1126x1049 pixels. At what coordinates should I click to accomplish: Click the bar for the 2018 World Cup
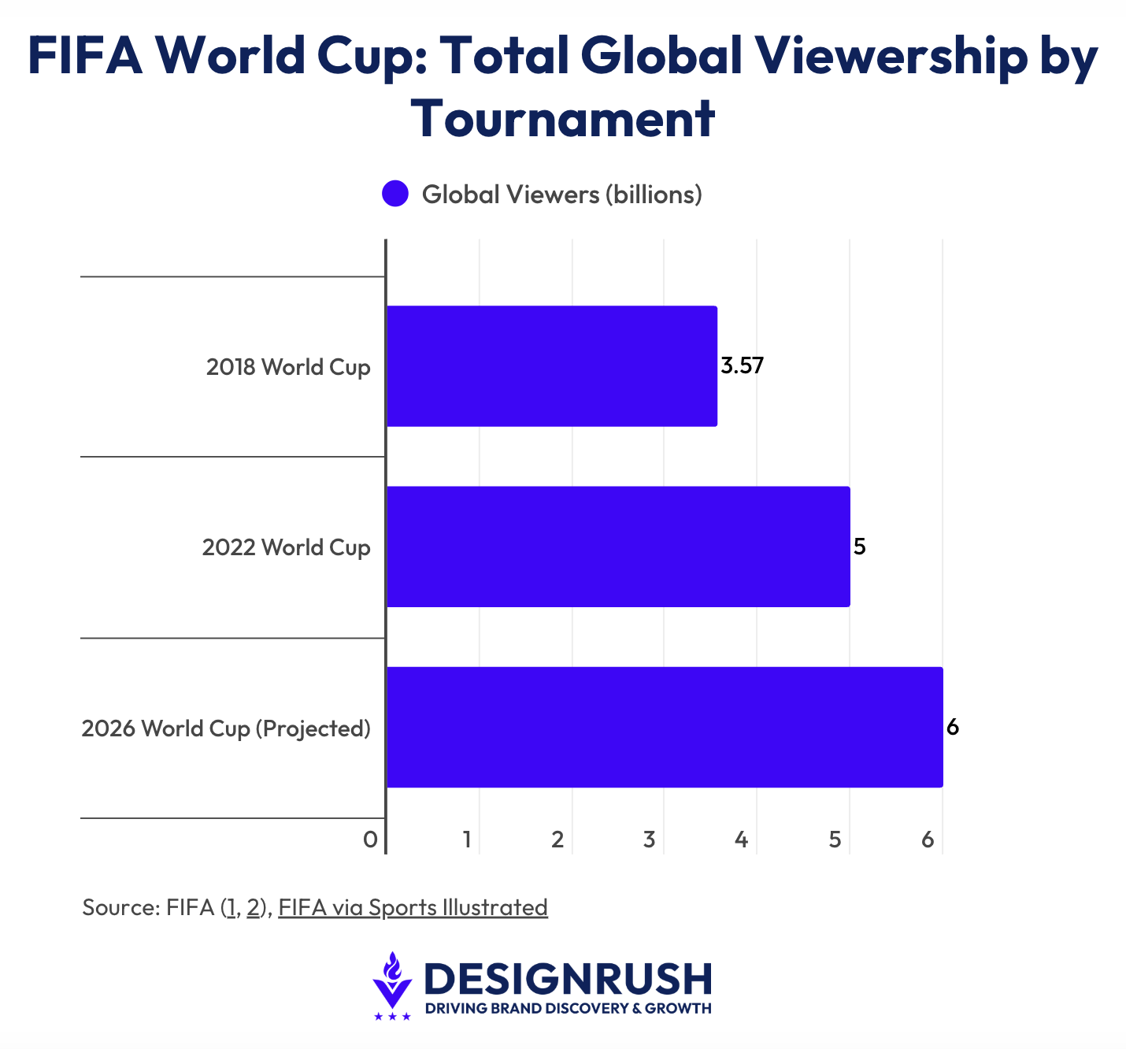pos(551,366)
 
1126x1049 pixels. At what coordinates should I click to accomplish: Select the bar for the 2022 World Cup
pos(618,547)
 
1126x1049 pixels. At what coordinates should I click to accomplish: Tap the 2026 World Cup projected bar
pos(664,727)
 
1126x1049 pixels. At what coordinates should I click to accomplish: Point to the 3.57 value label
pos(743,366)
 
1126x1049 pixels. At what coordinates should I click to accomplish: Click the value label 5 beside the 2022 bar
pos(860,547)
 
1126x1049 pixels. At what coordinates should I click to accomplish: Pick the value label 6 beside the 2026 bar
pos(953,727)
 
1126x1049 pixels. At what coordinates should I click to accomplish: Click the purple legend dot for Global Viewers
pos(395,194)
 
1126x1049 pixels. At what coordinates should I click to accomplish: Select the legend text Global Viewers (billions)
pos(561,195)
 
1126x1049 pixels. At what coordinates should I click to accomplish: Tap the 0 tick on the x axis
pos(370,840)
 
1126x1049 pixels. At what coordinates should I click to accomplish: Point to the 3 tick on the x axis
pos(649,840)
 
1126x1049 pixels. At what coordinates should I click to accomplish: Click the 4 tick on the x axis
pos(741,840)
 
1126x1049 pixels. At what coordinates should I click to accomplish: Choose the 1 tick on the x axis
pos(467,840)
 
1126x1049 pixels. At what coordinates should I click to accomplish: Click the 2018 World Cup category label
pos(288,367)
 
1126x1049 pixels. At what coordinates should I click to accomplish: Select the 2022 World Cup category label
pos(286,547)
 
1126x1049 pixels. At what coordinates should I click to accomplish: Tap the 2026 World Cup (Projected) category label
pos(226,728)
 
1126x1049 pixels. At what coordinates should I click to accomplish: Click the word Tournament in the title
pos(563,120)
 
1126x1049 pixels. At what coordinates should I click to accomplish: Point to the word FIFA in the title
pos(85,57)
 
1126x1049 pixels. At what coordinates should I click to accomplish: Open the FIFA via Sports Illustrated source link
pos(413,907)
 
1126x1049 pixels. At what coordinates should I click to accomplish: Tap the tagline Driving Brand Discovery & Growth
pos(568,1009)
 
